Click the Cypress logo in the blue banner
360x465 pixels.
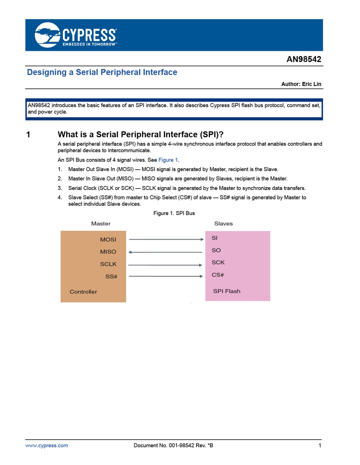pos(76,35)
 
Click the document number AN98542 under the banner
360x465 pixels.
pos(304,59)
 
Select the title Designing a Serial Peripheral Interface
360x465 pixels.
pos(102,72)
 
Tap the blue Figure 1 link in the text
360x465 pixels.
pos(168,160)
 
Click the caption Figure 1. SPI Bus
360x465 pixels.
pos(174,213)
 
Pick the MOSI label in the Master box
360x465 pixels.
pos(108,240)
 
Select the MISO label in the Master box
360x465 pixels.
pos(108,252)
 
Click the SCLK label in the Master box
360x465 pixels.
pos(108,264)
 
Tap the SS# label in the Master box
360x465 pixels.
pos(111,276)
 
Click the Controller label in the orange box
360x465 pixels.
pos(83,292)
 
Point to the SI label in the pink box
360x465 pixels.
pos(215,238)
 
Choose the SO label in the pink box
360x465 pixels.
pos(216,250)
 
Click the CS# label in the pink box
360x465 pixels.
pos(217,275)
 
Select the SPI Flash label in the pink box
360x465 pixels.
pos(227,291)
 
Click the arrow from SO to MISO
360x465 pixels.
pos(165,252)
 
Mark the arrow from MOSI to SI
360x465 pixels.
pos(166,239)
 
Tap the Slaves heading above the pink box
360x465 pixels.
pos(223,224)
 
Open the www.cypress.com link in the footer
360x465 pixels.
pos(47,445)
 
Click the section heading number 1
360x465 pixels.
pos(28,135)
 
